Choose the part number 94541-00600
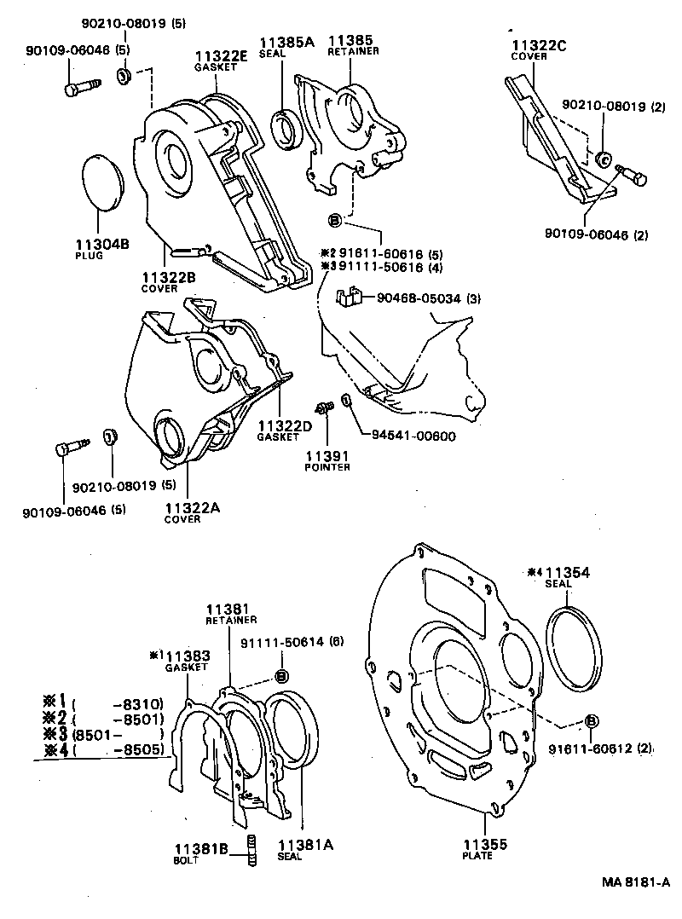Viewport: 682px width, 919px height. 413,436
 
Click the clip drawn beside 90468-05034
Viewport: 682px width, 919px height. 346,298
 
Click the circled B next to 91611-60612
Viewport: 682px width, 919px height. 590,722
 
